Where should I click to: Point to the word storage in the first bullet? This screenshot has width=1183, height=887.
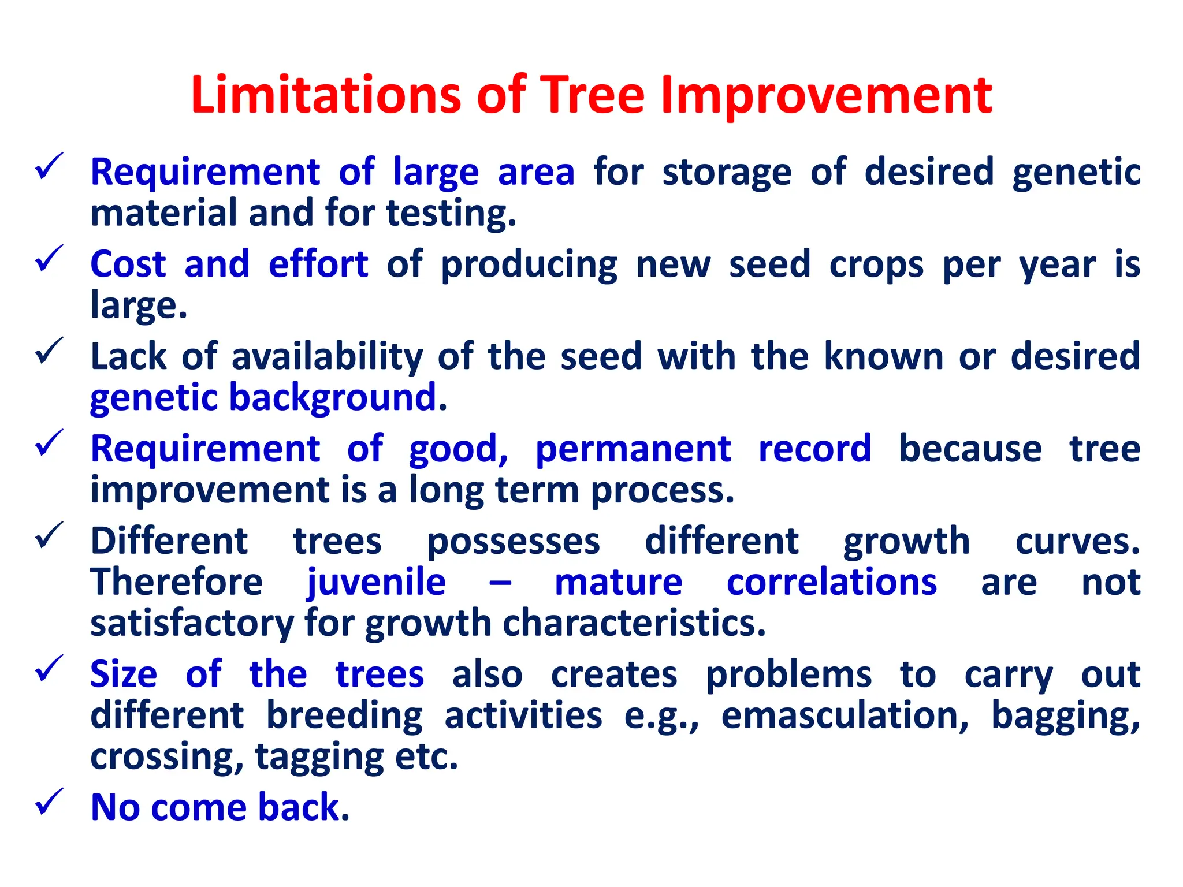727,173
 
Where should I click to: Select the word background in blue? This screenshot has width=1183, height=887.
338,398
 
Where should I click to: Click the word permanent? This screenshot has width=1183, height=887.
633,449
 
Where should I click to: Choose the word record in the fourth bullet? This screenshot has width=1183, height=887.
814,449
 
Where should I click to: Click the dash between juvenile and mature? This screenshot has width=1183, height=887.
500,583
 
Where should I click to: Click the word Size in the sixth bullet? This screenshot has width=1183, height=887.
124,674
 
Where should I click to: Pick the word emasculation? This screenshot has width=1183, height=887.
845,715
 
